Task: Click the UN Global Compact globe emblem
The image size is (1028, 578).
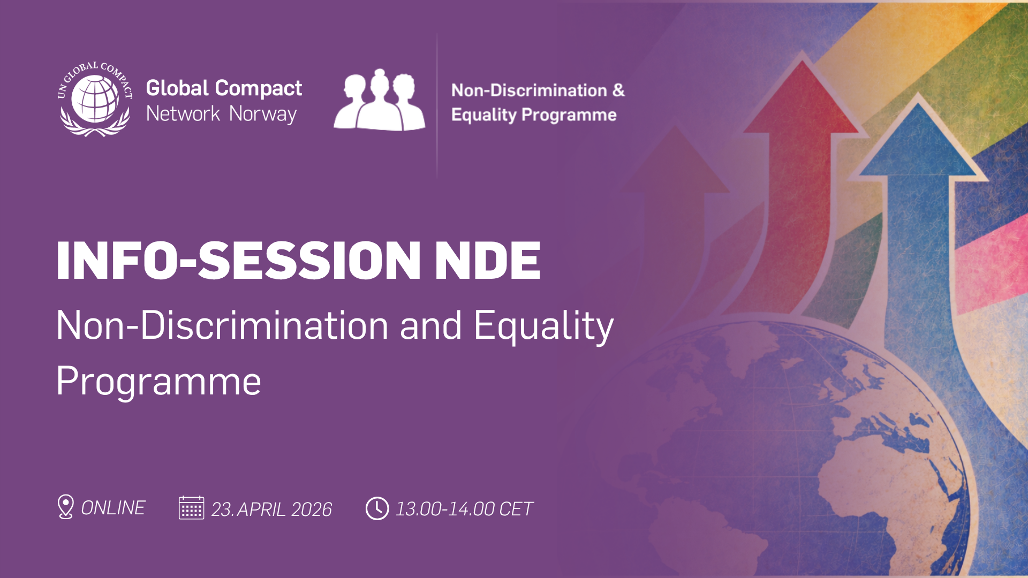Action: coord(95,100)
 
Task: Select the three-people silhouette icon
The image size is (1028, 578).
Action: coord(380,100)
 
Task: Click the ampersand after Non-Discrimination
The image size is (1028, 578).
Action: coord(618,90)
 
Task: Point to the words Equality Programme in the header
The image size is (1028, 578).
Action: coord(534,115)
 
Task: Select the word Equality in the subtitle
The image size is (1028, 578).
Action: coord(543,326)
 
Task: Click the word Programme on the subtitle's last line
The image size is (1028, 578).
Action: coord(158,382)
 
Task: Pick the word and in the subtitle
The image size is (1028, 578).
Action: coord(430,326)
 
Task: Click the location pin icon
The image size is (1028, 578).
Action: coord(65,506)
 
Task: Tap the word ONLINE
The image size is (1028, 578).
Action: coord(113,508)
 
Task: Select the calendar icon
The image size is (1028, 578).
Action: coord(191,508)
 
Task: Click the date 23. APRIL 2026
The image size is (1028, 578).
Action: coord(271,509)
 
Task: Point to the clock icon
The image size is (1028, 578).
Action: coord(377,508)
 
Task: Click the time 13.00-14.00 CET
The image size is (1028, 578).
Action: coord(464,509)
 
